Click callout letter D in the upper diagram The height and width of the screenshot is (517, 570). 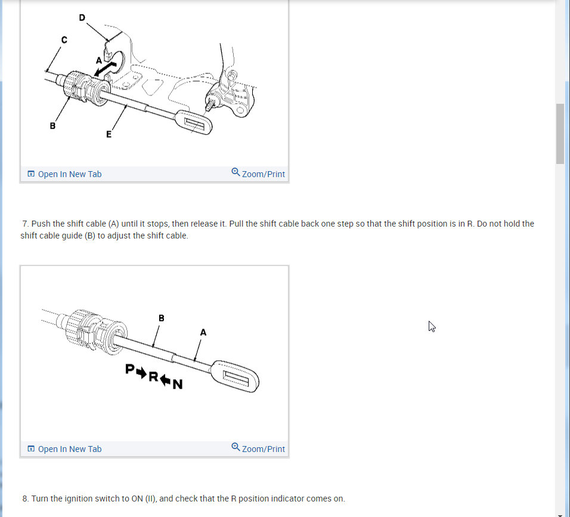pyautogui.click(x=82, y=17)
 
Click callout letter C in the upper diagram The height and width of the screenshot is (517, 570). pyautogui.click(x=64, y=39)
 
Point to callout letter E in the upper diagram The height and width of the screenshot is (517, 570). pyautogui.click(x=109, y=134)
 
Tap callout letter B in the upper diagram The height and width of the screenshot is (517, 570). pyautogui.click(x=52, y=126)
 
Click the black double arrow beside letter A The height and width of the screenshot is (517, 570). pyautogui.click(x=105, y=69)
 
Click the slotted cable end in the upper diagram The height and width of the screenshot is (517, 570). pyautogui.click(x=194, y=122)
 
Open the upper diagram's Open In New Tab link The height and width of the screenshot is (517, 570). pyautogui.click(x=65, y=174)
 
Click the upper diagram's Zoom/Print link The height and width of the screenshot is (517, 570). pyautogui.click(x=258, y=174)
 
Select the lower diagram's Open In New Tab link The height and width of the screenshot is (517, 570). pyautogui.click(x=65, y=449)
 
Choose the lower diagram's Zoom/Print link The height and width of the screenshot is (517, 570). pyautogui.click(x=258, y=448)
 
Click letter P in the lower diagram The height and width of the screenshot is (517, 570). pyautogui.click(x=130, y=369)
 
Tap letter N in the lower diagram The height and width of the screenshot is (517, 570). pyautogui.click(x=178, y=384)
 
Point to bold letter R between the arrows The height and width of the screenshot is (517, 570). pyautogui.click(x=153, y=377)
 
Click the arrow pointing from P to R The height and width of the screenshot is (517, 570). pyautogui.click(x=141, y=373)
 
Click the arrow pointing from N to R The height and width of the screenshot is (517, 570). pyautogui.click(x=165, y=380)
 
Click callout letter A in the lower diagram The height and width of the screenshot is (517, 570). pyautogui.click(x=203, y=332)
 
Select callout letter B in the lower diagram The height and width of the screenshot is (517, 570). pyautogui.click(x=162, y=318)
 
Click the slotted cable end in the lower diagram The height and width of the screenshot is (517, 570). pyautogui.click(x=235, y=376)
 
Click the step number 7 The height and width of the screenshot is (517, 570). pyautogui.click(x=25, y=224)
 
